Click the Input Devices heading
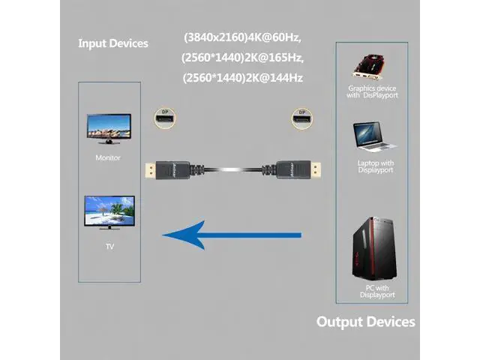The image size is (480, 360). click(x=113, y=43)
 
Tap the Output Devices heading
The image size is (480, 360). click(x=365, y=322)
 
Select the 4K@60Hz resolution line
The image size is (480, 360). click(x=247, y=37)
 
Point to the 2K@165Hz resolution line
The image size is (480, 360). click(x=247, y=57)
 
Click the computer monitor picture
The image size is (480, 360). click(x=108, y=128)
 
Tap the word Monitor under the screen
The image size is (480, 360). click(x=108, y=158)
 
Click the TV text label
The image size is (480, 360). click(x=108, y=245)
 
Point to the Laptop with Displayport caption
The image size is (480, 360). click(x=375, y=166)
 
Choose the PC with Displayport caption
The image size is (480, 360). click(x=375, y=291)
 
